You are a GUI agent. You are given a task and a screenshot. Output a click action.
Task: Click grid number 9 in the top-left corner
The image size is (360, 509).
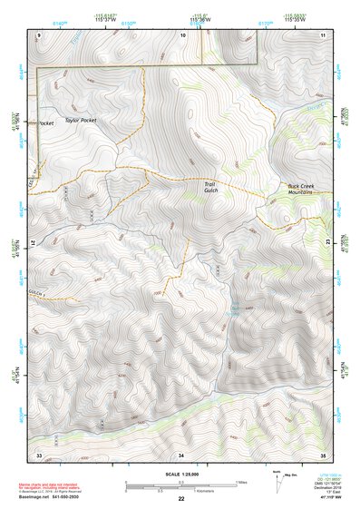pos(39,34)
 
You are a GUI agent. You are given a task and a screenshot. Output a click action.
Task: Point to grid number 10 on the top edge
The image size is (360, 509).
pos(182,34)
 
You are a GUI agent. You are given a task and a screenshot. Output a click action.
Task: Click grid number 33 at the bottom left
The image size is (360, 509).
pos(39,453)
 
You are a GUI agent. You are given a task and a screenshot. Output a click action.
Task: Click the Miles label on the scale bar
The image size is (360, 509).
pos(240,481)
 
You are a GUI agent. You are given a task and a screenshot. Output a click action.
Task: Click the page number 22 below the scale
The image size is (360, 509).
pos(181,500)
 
